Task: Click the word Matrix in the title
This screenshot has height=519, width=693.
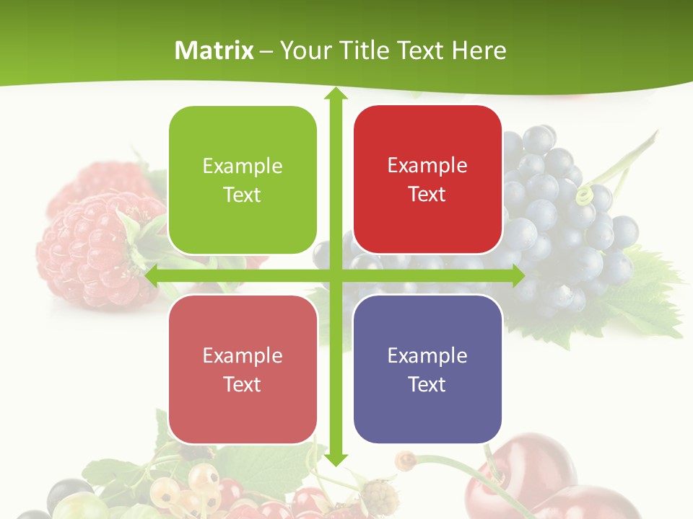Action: [x=214, y=50]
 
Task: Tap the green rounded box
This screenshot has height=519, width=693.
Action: [x=243, y=180]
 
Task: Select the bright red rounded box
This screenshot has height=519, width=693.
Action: [x=427, y=179]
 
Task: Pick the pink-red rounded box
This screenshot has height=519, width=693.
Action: [x=243, y=369]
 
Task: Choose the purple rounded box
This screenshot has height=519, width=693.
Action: [x=427, y=369]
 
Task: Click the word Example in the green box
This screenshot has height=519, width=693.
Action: [x=243, y=167]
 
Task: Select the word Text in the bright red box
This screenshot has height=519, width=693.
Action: [x=427, y=195]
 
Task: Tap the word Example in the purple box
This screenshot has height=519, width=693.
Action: [x=427, y=355]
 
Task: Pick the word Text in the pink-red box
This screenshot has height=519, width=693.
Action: [x=243, y=384]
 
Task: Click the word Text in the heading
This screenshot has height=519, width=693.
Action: [x=421, y=50]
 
